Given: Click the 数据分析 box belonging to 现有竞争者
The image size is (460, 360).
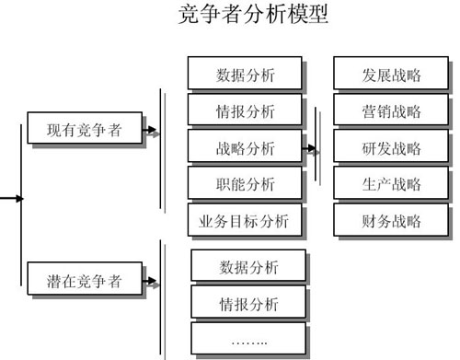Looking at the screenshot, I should point(244,75).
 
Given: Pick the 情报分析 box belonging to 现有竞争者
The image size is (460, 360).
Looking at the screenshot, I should point(244,111).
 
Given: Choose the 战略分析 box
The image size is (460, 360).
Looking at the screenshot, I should point(244,147).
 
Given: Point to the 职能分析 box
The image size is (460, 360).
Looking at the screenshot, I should point(244,183).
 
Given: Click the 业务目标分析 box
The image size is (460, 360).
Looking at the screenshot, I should point(244,220).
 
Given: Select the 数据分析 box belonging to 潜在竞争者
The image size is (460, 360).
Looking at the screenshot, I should point(248,268).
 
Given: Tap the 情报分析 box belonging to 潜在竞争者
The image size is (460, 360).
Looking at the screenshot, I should point(248,304).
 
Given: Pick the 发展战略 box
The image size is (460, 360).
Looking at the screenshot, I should point(391,75).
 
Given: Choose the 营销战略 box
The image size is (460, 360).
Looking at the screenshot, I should point(391,111).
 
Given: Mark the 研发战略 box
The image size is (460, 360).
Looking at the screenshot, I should point(391,147).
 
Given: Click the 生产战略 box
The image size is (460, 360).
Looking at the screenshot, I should point(391,183).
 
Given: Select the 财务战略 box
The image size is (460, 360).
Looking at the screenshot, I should point(391,220).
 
